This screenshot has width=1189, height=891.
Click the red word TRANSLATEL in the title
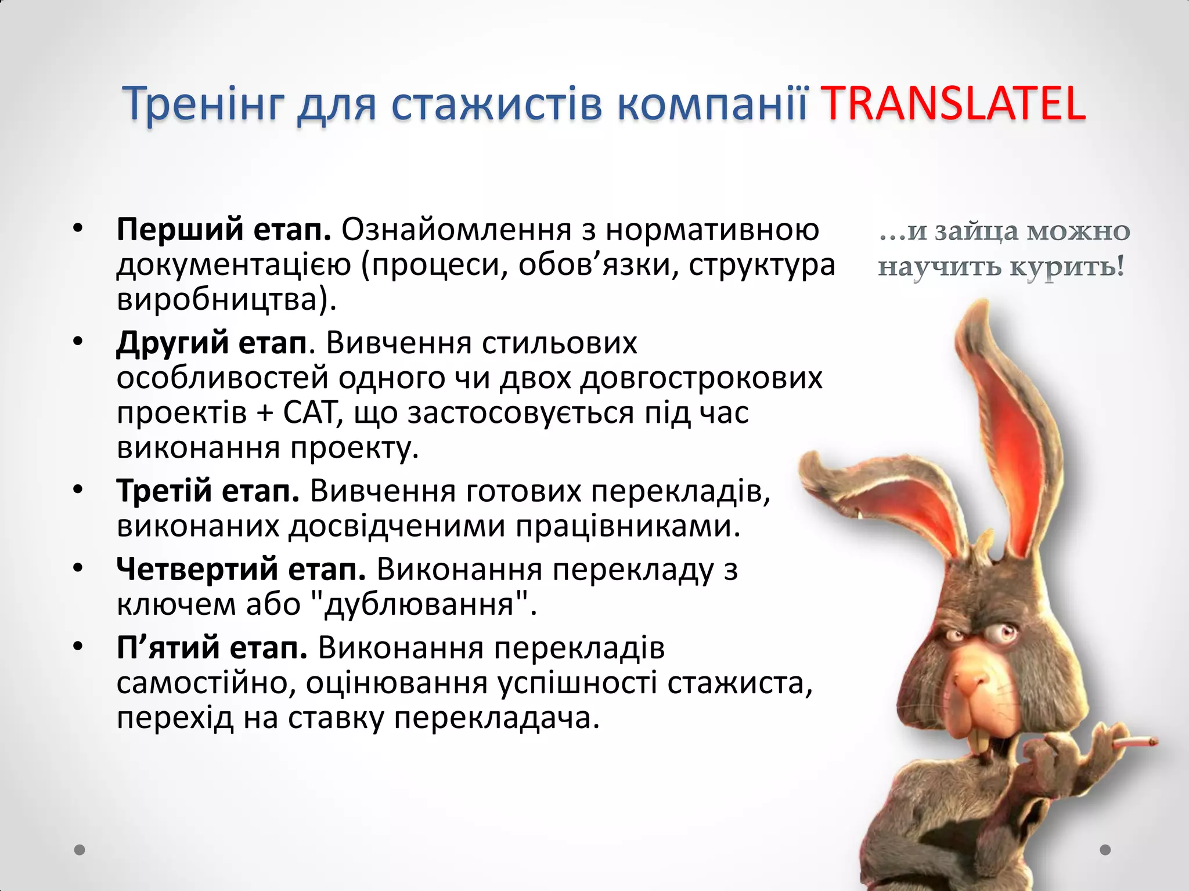tap(954, 104)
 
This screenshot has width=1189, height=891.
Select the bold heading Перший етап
tap(224, 230)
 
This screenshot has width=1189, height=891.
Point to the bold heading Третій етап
tap(208, 491)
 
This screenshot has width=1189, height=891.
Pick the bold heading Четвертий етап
tap(240, 569)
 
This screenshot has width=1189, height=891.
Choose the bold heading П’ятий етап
tap(211, 648)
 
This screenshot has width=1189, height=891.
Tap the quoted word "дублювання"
tap(419, 604)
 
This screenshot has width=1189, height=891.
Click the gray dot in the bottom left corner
tap(80, 850)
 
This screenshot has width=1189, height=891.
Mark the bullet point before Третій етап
tap(78, 490)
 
